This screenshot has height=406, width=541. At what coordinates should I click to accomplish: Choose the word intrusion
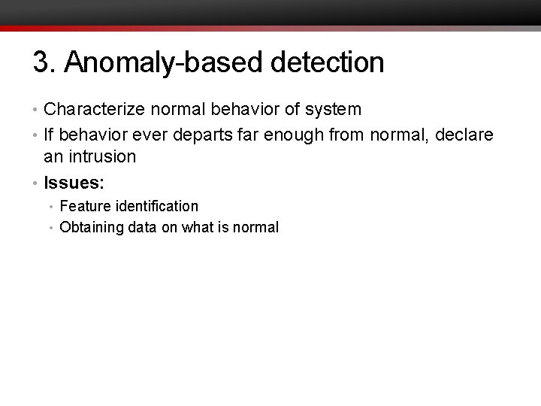[101, 157]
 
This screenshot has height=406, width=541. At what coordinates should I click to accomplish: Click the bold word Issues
[74, 182]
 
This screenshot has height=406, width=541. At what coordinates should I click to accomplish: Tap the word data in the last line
[143, 227]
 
